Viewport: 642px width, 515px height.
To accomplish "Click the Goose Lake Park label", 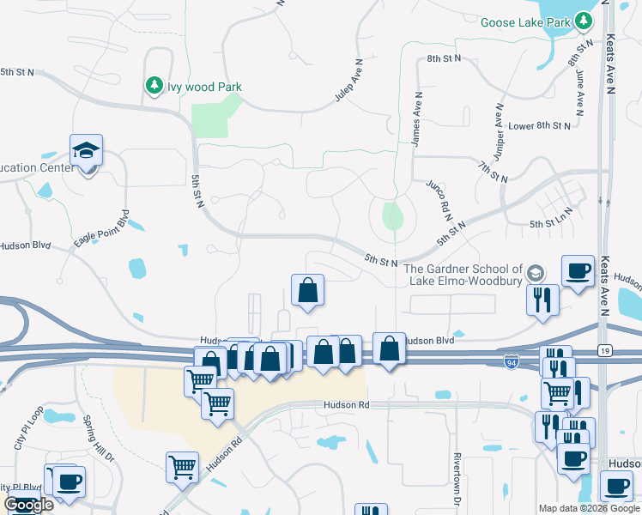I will pos(525,21).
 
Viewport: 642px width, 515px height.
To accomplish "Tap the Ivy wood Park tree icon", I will pos(154,86).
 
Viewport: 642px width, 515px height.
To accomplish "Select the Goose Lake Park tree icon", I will pos(584,20).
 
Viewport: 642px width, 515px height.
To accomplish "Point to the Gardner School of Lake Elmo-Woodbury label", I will pos(463,276).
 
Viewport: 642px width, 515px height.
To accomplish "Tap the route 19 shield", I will pos(604,351).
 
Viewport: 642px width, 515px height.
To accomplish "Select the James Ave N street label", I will pos(417,120).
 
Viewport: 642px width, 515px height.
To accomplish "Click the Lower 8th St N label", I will pos(539,125).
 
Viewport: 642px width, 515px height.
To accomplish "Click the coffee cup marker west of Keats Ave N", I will pos(577,271).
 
